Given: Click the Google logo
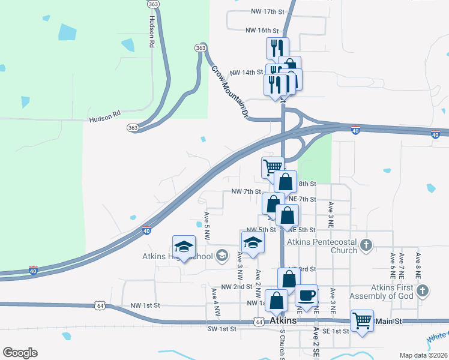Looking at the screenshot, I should point(20,353).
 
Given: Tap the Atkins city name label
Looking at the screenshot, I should point(284,321).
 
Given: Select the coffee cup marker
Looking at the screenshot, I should point(307,296).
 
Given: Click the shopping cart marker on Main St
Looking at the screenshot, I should point(362,321).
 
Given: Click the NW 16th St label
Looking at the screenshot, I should point(262,30).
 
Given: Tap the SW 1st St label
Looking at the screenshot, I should point(222,329).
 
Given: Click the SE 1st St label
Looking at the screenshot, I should point(331,331).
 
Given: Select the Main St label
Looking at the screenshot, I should point(388,322).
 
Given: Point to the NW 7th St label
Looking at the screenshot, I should point(246,192).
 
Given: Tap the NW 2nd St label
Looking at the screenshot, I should point(237,287).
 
